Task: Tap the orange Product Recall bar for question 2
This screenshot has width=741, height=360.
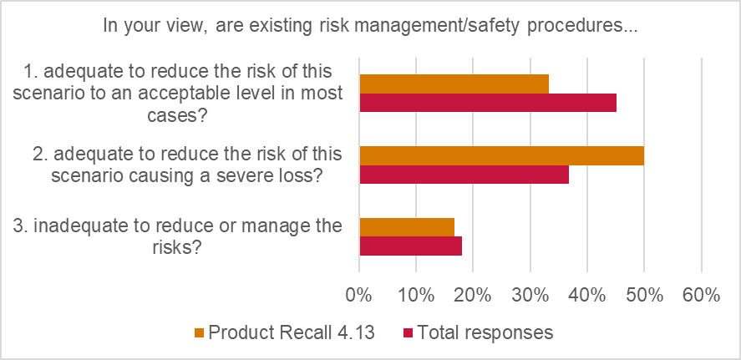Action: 501,155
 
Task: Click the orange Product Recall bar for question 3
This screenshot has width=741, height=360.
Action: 407,227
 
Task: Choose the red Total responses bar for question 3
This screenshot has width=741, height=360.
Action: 410,246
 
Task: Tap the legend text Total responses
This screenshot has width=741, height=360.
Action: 485,332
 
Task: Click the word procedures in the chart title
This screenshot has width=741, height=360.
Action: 583,26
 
